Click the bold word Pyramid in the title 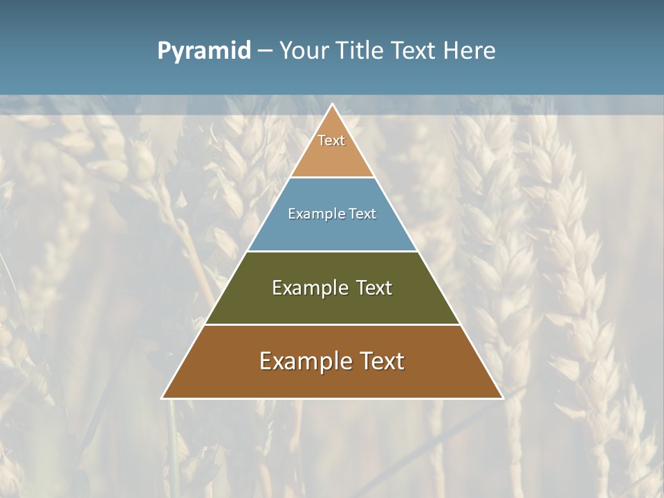pos(204,51)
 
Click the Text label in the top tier pos(331,140)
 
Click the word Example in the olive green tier pos(308,288)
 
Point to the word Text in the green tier pos(374,288)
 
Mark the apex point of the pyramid pos(333,104)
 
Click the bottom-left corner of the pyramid pos(163,398)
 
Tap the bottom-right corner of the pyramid pos(503,398)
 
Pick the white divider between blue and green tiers pos(332,251)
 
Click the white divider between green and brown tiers pos(332,324)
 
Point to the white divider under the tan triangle pos(332,178)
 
